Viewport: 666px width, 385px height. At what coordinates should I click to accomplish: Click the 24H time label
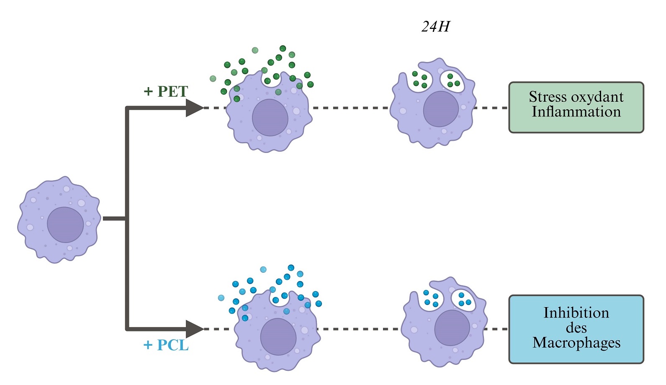pyautogui.click(x=435, y=27)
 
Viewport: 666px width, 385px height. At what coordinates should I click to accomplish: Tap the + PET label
pyautogui.click(x=166, y=91)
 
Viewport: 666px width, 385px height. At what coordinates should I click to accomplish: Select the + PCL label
pyautogui.click(x=166, y=345)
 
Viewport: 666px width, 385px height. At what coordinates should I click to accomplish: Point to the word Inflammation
pyautogui.click(x=576, y=112)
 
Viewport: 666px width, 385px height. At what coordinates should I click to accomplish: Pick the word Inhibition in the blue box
pyautogui.click(x=576, y=313)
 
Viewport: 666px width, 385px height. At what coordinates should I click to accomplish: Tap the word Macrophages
pyautogui.click(x=576, y=343)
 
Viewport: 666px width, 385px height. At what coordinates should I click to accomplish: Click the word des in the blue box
pyautogui.click(x=576, y=328)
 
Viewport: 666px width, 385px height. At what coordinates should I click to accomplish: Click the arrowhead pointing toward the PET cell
pyautogui.click(x=194, y=108)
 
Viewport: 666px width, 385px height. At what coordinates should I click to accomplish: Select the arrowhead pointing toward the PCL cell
pyautogui.click(x=194, y=329)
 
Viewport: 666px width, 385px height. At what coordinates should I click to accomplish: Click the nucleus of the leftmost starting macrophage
pyautogui.click(x=65, y=225)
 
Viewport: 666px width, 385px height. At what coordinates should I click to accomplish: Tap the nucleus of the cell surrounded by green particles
pyautogui.click(x=270, y=118)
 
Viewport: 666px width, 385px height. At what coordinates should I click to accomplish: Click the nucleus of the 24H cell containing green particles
pyautogui.click(x=441, y=109)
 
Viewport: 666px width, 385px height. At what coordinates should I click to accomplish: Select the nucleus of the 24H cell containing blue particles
pyautogui.click(x=452, y=328)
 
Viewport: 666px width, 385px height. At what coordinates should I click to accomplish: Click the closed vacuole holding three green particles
pyautogui.click(x=453, y=80)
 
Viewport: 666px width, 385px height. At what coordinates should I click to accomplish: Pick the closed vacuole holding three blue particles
pyautogui.click(x=464, y=299)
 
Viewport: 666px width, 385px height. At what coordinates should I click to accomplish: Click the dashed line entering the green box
pyautogui.click(x=491, y=108)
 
